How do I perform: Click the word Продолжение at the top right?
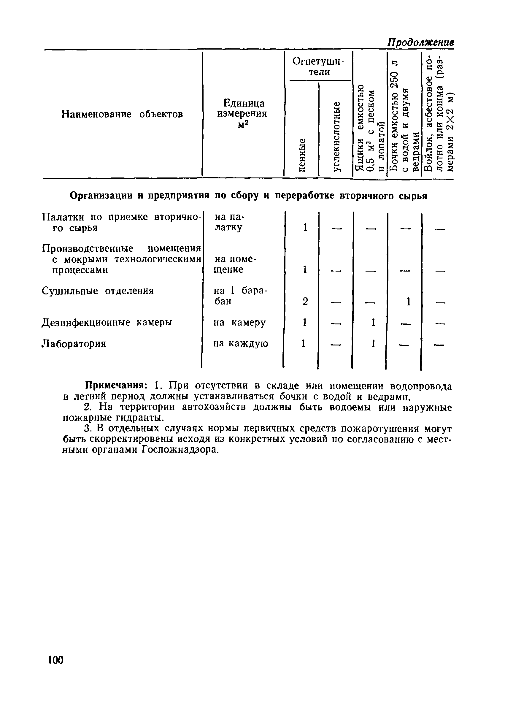point(421,42)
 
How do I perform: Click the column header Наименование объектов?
point(122,114)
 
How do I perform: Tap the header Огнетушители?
point(318,66)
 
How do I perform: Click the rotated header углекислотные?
point(336,136)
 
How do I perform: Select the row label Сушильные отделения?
point(98,291)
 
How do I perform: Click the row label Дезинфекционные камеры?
point(107,322)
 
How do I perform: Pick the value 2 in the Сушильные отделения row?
point(305,301)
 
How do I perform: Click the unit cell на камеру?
point(239,322)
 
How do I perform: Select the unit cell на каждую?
point(241,343)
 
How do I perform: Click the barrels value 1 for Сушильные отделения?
point(408,301)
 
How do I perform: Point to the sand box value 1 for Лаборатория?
point(373,343)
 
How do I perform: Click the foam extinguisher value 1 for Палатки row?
point(305,228)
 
